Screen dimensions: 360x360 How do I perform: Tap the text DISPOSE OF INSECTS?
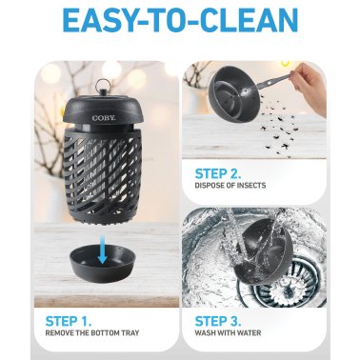[x=240, y=190]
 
